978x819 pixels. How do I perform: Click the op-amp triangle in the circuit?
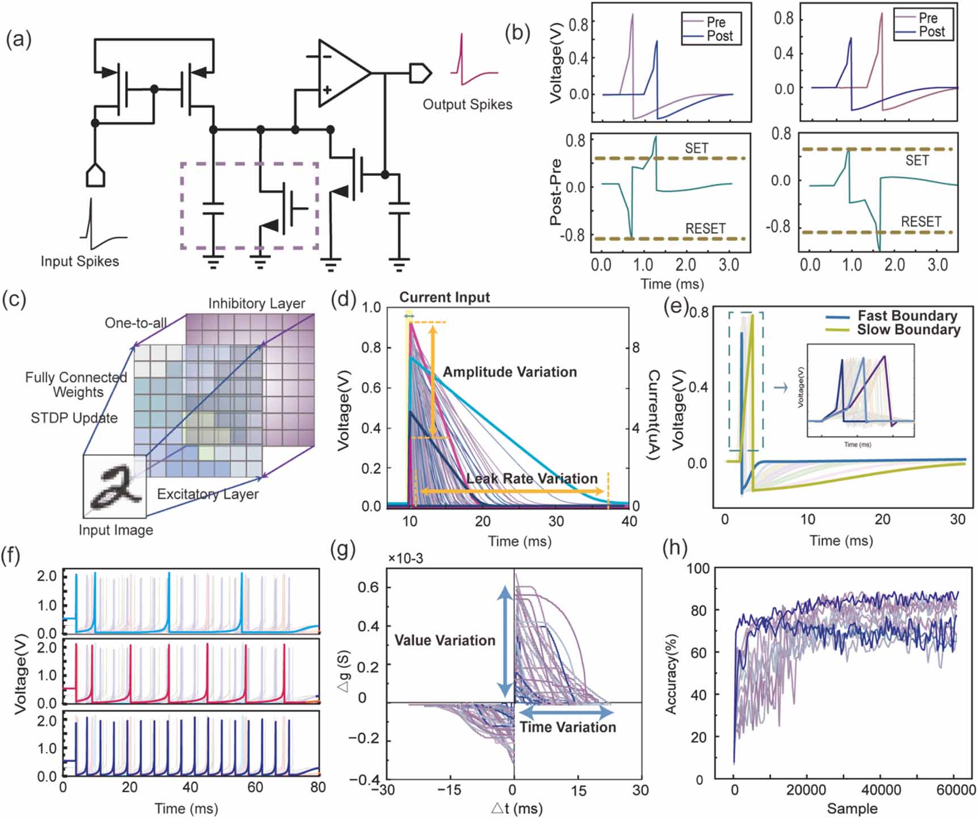click(340, 73)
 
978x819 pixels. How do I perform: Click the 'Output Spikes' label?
click(467, 104)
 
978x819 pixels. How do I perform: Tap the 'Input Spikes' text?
click(79, 262)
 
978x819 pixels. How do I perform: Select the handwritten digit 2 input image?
click(115, 486)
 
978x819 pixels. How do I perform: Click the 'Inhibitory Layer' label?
click(256, 304)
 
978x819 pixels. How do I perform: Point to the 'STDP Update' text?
click(74, 418)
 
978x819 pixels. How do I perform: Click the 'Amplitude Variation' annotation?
click(509, 372)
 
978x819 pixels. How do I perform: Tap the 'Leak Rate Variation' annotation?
click(532, 478)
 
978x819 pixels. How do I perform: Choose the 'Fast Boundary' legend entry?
click(907, 316)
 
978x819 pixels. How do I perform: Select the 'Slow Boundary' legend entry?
click(908, 330)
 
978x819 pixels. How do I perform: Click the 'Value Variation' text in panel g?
click(445, 641)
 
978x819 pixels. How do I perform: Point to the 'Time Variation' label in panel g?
click(567, 728)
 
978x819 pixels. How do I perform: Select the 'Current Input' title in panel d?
click(444, 297)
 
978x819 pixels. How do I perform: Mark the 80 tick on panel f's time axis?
click(318, 787)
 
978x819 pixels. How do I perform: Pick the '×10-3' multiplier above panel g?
click(405, 559)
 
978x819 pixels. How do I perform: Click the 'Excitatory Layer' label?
click(208, 494)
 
